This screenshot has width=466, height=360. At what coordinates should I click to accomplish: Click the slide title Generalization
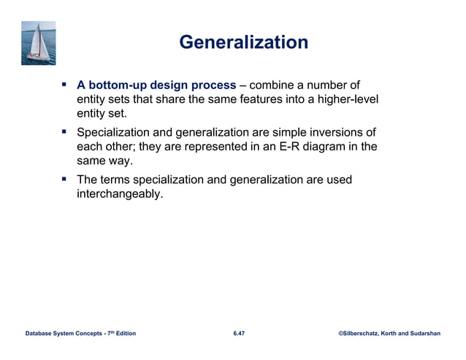click(x=243, y=42)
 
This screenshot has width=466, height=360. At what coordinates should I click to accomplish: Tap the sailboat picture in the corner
click(x=39, y=43)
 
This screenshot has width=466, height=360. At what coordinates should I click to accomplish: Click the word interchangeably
click(x=120, y=194)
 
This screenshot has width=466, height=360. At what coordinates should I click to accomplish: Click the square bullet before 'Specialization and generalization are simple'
click(x=64, y=132)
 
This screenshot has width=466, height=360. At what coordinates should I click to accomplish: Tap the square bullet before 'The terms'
click(x=64, y=180)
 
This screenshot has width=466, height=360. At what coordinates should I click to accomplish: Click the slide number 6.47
click(x=239, y=334)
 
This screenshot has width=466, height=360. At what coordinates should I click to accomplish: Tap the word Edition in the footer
click(x=123, y=334)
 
